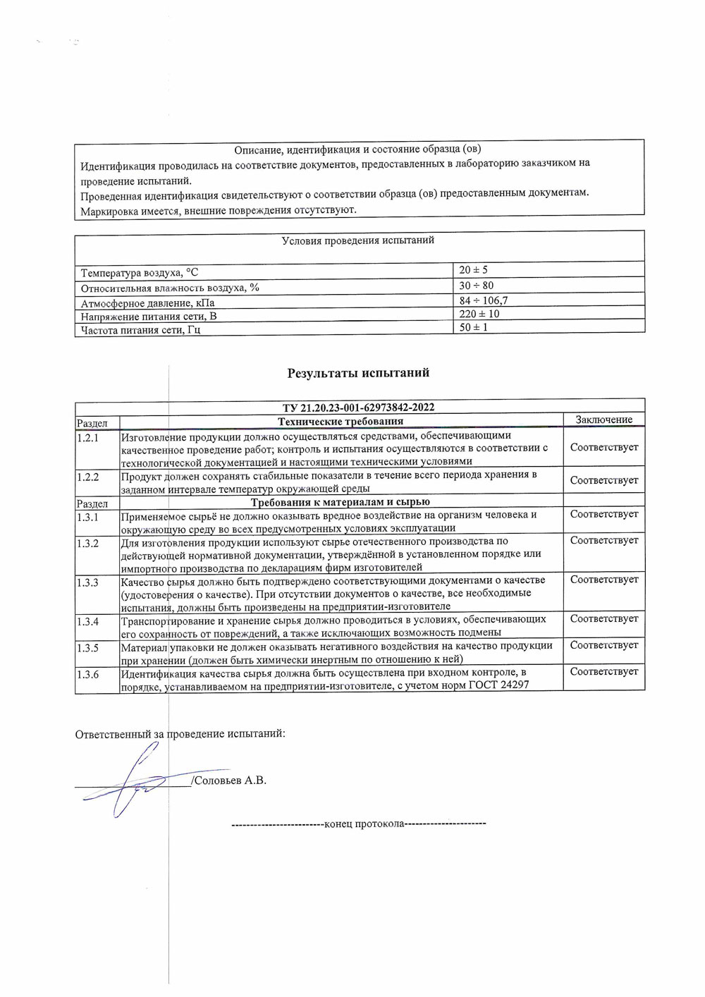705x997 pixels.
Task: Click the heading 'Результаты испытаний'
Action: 358,373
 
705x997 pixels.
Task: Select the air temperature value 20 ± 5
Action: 473,270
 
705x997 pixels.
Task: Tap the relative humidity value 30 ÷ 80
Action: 476,286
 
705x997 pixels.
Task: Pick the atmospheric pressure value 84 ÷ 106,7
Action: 483,300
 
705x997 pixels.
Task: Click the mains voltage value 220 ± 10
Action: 479,314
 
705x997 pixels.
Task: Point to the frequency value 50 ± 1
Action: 473,328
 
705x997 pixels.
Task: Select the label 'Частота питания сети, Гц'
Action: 141,330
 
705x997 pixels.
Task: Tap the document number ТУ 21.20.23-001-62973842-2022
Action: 358,408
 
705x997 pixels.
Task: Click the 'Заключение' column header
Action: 603,420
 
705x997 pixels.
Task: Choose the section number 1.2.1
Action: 87,438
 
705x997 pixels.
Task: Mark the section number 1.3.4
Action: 87,622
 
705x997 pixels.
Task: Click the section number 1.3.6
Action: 87,675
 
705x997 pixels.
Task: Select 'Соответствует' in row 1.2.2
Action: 603,480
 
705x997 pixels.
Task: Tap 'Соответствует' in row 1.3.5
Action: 603,645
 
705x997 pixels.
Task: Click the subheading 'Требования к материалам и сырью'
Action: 341,502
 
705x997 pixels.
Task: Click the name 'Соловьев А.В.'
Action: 231,781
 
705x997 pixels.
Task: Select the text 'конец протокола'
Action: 363,824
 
